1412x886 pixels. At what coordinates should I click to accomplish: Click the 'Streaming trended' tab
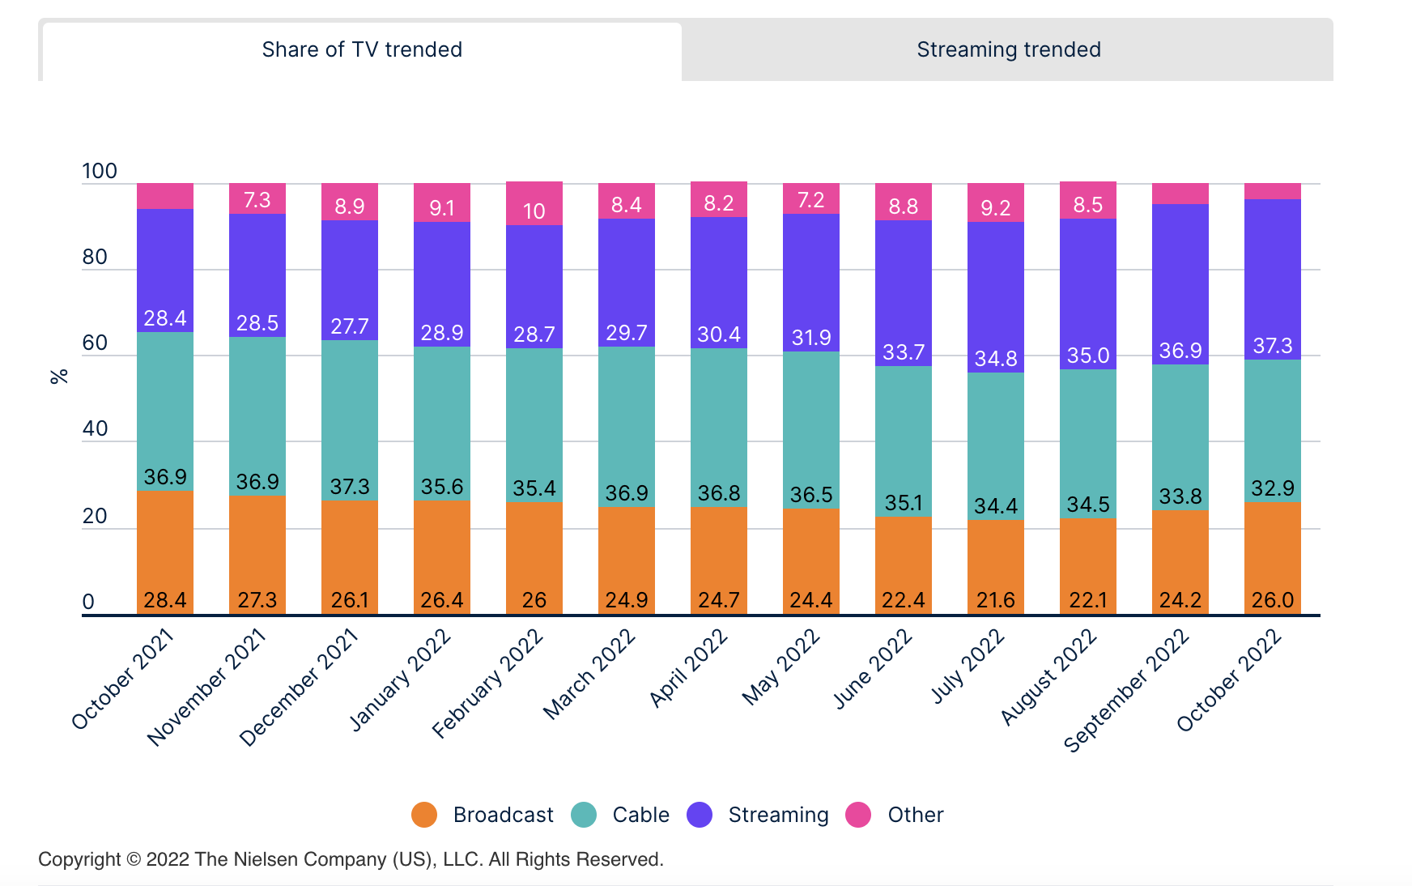click(x=1008, y=50)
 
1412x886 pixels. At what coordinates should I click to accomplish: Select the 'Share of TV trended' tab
click(x=362, y=50)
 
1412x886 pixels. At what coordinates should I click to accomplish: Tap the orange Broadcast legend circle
click(x=424, y=815)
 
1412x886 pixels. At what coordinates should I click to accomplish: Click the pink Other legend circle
click(x=858, y=815)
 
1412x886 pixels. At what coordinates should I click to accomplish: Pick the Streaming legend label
click(x=778, y=815)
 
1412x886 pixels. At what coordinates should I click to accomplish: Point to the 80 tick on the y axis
click(x=95, y=258)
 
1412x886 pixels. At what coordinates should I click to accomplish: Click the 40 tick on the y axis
click(x=95, y=429)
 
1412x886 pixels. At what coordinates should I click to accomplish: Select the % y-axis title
click(x=59, y=377)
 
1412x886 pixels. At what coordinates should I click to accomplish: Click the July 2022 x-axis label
click(x=968, y=667)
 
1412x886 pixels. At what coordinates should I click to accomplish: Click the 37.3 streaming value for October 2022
click(x=1272, y=347)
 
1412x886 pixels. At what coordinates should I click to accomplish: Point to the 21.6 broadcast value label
click(x=995, y=600)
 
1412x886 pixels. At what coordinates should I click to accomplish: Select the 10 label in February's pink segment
click(x=534, y=211)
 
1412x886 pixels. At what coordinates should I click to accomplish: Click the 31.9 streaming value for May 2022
click(x=810, y=338)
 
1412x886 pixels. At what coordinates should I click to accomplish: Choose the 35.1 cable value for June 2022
click(x=903, y=503)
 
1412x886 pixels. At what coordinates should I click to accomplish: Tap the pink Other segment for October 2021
click(x=165, y=196)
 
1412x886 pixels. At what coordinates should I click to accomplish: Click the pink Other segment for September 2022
click(x=1180, y=194)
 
